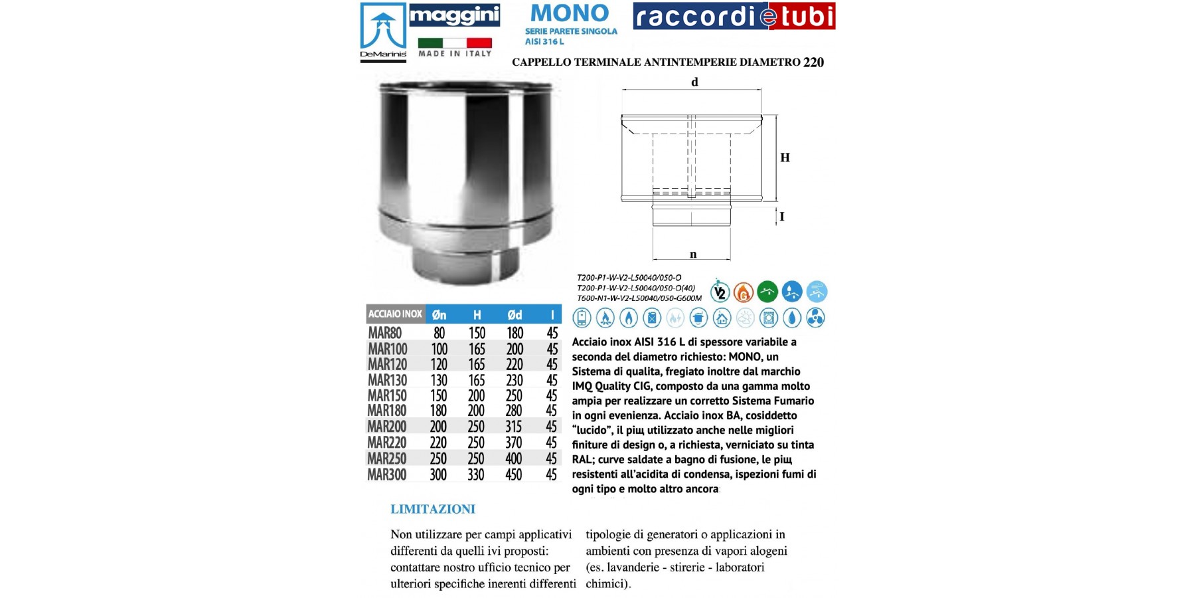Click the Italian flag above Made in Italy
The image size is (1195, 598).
[x=455, y=43]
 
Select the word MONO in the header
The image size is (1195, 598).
[x=570, y=13]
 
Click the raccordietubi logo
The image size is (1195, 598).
[x=734, y=17]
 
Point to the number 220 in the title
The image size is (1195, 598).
[x=813, y=62]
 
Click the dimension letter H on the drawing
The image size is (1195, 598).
[x=785, y=157]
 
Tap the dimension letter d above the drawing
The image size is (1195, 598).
[x=694, y=82]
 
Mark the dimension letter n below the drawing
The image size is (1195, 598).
[x=693, y=254]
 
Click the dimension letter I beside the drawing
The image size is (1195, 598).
[x=781, y=217]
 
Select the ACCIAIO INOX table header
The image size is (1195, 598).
[x=395, y=314]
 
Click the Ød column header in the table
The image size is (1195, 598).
[x=515, y=315]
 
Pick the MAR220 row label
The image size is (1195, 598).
[x=386, y=443]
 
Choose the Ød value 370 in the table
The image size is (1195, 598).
[x=514, y=443]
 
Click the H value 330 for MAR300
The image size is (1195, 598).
[x=476, y=474]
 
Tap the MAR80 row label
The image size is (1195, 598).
[x=385, y=333]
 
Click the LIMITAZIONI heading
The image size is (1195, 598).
[x=433, y=510]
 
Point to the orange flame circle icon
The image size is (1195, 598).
[x=744, y=292]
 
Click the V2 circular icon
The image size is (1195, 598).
[x=720, y=292]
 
